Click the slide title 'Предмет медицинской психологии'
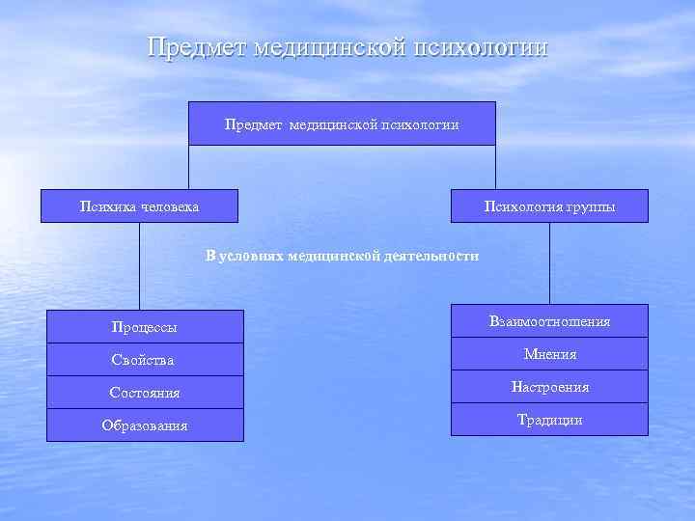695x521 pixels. click(x=347, y=47)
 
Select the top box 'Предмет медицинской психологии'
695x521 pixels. click(x=342, y=123)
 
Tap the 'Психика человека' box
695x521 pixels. click(x=139, y=206)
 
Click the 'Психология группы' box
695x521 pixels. click(x=549, y=206)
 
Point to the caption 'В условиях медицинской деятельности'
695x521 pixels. click(x=342, y=256)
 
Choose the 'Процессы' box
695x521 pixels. click(x=145, y=327)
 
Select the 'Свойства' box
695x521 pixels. click(x=145, y=360)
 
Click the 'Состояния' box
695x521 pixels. click(x=145, y=393)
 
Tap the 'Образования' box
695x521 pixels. click(x=145, y=425)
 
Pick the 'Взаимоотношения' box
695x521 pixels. click(x=549, y=321)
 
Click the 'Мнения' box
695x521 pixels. click(x=549, y=354)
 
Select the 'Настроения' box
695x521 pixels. click(x=549, y=387)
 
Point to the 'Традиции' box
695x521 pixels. click(x=549, y=420)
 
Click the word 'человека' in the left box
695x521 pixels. click(x=170, y=206)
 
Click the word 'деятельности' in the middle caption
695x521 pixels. click(x=431, y=256)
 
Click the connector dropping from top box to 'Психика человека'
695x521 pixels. click(x=188, y=166)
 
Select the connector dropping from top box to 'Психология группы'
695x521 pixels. click(x=495, y=166)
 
